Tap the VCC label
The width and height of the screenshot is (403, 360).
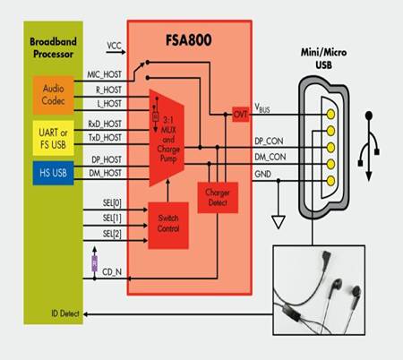pyautogui.click(x=114, y=44)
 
